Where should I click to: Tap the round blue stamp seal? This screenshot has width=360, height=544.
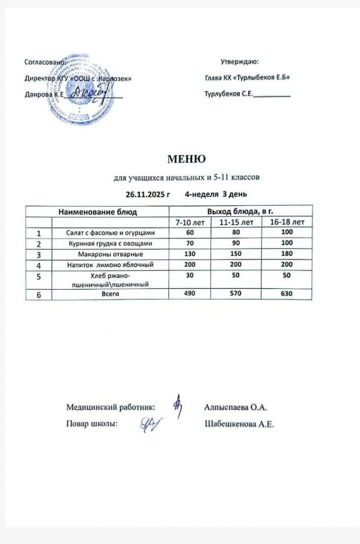[x=84, y=103]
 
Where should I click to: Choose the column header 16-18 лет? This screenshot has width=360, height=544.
[x=287, y=222]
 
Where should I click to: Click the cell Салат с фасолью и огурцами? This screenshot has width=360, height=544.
[x=110, y=233]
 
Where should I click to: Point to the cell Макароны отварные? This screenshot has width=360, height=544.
[x=110, y=254]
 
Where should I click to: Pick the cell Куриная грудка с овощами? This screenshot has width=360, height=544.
[x=110, y=243]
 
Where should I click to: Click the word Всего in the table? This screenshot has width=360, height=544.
[x=110, y=294]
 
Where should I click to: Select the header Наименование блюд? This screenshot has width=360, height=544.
[x=98, y=212]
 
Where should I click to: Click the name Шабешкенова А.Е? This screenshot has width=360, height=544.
[x=240, y=424]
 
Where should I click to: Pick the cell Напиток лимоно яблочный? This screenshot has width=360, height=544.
[x=110, y=265]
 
